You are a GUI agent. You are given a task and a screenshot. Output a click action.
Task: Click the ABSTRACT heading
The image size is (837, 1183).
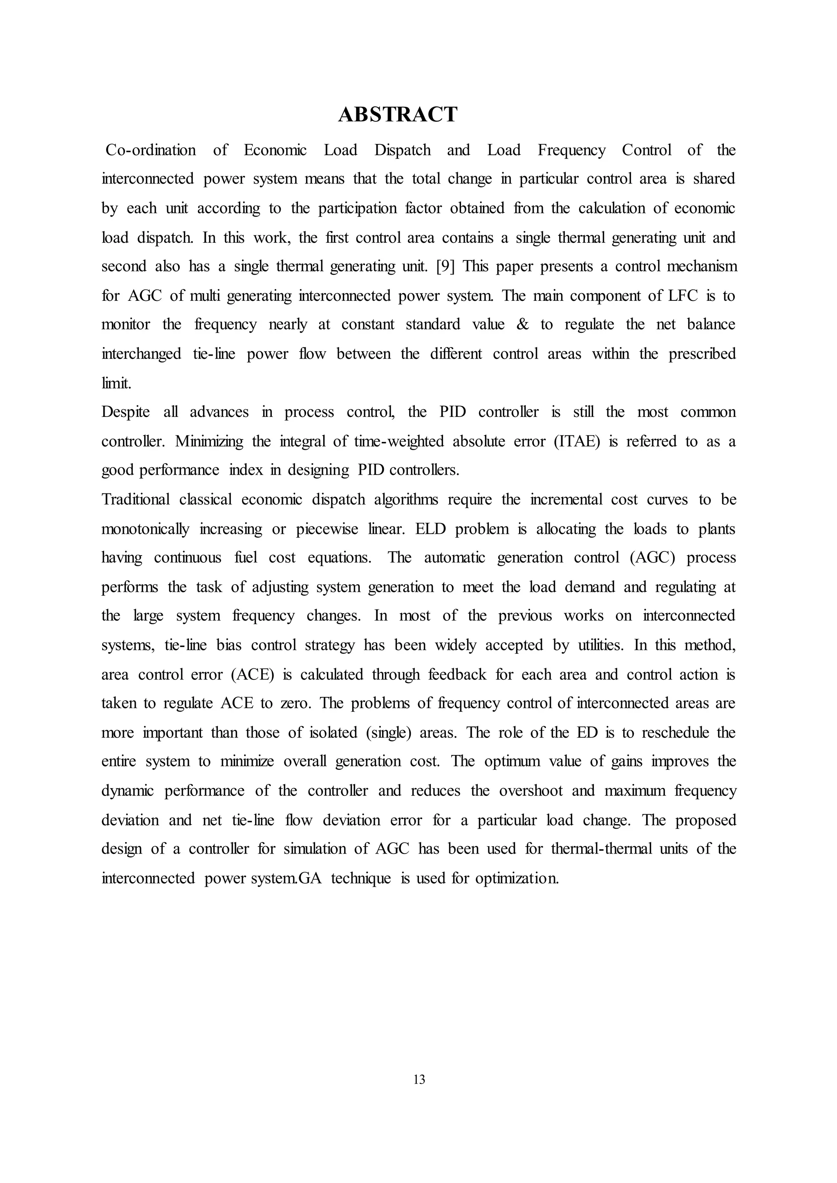coord(397,114)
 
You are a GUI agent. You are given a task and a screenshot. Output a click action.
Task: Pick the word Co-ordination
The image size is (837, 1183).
coord(150,150)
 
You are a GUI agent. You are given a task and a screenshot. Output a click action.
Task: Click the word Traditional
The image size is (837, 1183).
coord(136,500)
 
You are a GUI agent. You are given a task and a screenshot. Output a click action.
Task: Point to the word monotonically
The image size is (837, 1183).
coord(145,529)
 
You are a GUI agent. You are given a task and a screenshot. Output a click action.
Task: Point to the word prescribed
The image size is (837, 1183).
coord(702,354)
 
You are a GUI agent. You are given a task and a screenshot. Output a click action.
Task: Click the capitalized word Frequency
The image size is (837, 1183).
coord(572,150)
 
